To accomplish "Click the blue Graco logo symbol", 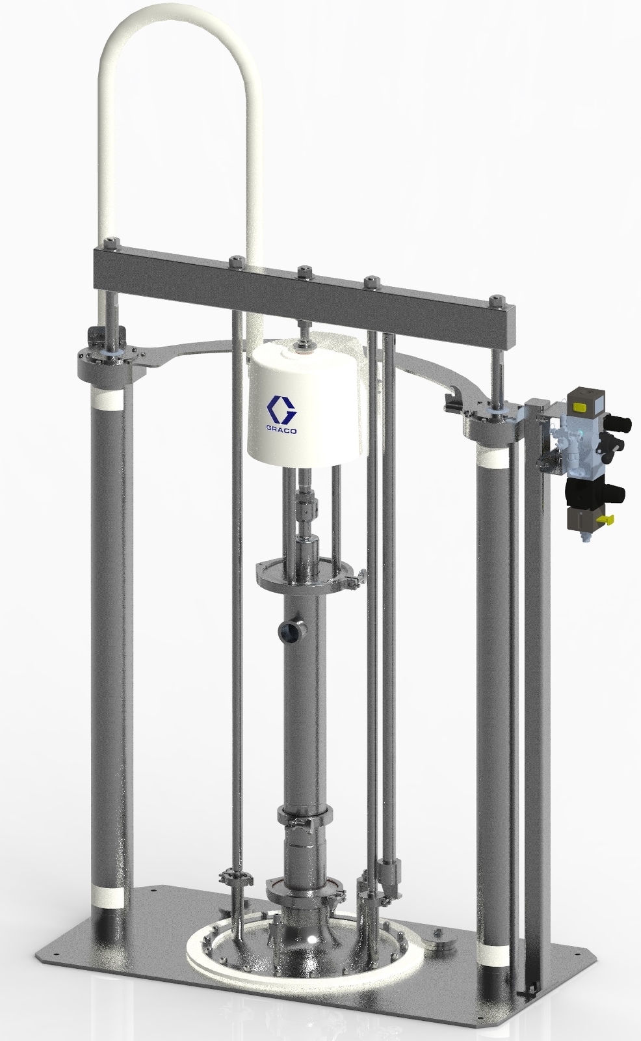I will [282, 409].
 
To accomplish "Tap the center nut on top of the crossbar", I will [302, 269].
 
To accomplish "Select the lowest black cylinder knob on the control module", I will [614, 493].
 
